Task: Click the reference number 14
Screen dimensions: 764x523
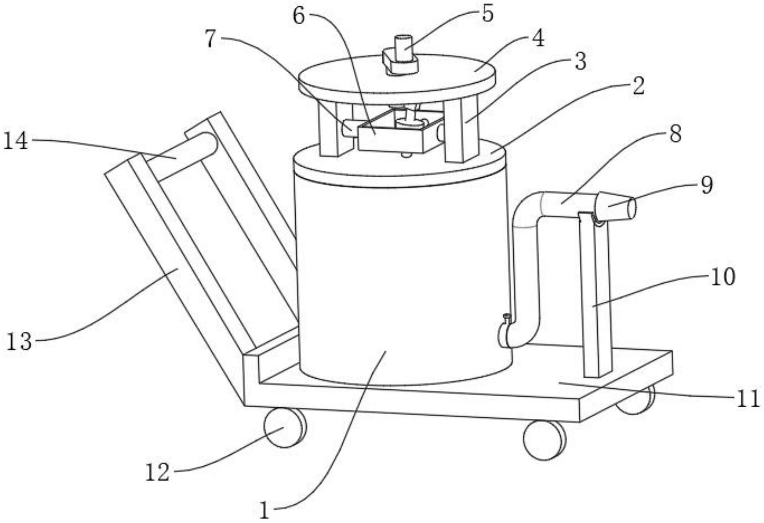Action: (x=16, y=141)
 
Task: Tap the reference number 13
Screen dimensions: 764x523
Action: (x=19, y=341)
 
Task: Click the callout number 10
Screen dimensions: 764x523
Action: (x=723, y=277)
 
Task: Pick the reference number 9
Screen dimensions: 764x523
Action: (x=707, y=186)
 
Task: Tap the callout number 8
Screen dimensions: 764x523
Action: (x=675, y=134)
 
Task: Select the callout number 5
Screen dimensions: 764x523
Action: (x=487, y=14)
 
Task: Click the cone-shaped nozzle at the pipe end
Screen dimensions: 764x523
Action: (x=615, y=206)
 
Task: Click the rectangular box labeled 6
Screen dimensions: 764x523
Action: (x=400, y=133)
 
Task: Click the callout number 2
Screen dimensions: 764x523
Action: (x=638, y=86)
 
